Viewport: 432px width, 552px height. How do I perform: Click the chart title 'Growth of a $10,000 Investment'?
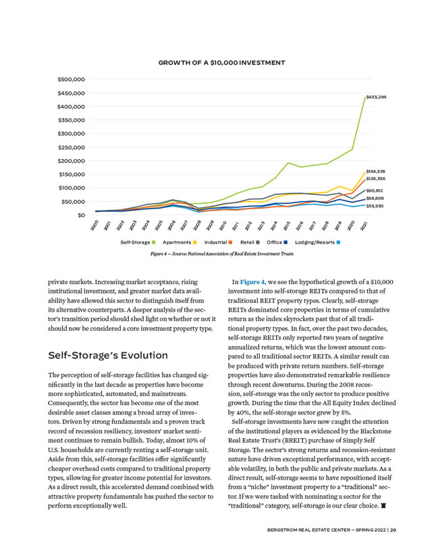coord(221,63)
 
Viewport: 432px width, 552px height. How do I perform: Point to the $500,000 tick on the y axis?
coord(70,80)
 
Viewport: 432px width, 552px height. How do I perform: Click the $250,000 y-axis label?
coord(70,147)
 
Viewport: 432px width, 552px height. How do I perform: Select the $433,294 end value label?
coord(376,98)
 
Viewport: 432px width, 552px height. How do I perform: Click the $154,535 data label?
coord(375,172)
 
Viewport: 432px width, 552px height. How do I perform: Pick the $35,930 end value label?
coord(375,206)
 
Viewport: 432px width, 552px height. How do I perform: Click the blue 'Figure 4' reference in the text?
coord(254,281)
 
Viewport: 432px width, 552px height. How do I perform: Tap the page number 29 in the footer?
coord(393,529)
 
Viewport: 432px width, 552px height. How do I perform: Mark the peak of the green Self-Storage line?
coord(364,98)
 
